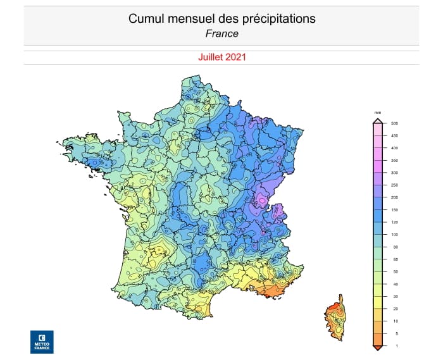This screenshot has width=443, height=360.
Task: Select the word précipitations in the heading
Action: pyautogui.click(x=279, y=19)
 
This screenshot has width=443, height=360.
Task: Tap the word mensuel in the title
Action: pyautogui.click(x=189, y=19)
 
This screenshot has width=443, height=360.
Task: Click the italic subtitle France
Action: pyautogui.click(x=221, y=34)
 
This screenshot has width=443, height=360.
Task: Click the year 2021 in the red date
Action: pyautogui.click(x=235, y=56)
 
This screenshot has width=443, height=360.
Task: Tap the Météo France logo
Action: pyautogui.click(x=42, y=341)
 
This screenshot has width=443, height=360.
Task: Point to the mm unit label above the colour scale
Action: pyautogui.click(x=377, y=112)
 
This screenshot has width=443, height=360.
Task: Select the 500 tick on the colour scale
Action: pyautogui.click(x=394, y=123)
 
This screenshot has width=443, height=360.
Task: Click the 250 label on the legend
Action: pyautogui.click(x=394, y=185)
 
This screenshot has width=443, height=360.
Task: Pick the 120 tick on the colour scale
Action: pyautogui.click(x=394, y=222)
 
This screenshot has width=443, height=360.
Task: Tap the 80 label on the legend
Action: pyautogui.click(x=394, y=247)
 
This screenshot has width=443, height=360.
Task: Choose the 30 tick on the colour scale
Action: pyautogui.click(x=394, y=296)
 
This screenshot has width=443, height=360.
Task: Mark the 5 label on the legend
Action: pyautogui.click(x=394, y=333)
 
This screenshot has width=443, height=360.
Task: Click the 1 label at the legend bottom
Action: pyautogui.click(x=394, y=345)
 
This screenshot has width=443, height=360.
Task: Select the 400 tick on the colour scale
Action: pyautogui.click(x=394, y=148)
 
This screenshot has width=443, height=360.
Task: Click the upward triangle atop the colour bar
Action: pyautogui.click(x=377, y=120)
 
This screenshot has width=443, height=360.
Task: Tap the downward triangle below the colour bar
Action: pyautogui.click(x=377, y=347)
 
